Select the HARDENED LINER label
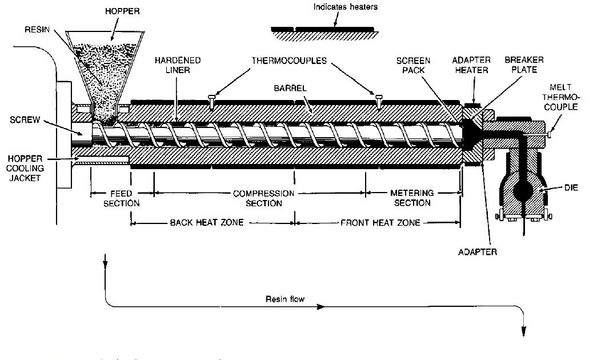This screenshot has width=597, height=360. [177, 65]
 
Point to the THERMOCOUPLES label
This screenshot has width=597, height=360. [289, 60]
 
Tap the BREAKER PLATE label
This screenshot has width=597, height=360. [523, 65]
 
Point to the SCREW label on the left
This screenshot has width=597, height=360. [24, 121]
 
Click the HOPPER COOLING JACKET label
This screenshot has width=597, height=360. [24, 168]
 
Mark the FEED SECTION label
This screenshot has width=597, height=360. [121, 198]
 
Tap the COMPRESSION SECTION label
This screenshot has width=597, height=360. [263, 198]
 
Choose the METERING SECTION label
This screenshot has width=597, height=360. [412, 198]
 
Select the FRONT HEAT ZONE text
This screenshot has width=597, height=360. [380, 222]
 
